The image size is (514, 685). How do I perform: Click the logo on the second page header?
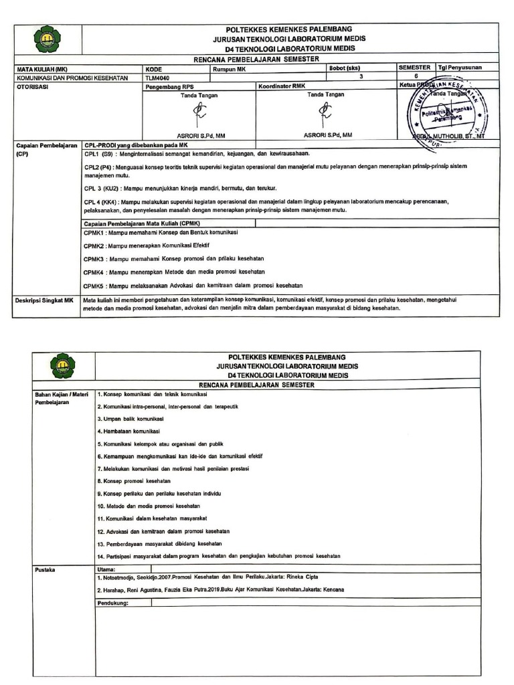point(64,367)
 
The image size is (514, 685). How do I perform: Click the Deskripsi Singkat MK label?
point(44,300)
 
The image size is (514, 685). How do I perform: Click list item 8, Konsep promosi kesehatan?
point(135,480)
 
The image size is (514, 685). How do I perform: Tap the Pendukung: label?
point(112,602)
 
